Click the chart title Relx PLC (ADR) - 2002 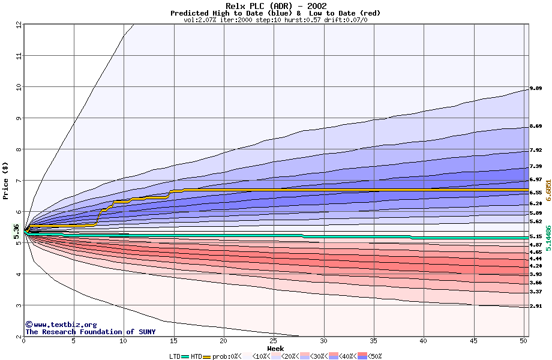(276, 6)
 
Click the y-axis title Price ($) (5, 181)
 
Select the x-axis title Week (275, 349)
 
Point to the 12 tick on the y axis (19, 25)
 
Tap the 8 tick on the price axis (19, 149)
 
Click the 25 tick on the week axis (274, 341)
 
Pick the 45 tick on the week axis (473, 341)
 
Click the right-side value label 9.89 (536, 89)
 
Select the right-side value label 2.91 (536, 307)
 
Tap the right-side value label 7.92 (536, 150)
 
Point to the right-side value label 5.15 (536, 237)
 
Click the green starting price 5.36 (16, 231)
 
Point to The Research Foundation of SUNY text (90, 332)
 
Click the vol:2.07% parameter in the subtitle (203, 20)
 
